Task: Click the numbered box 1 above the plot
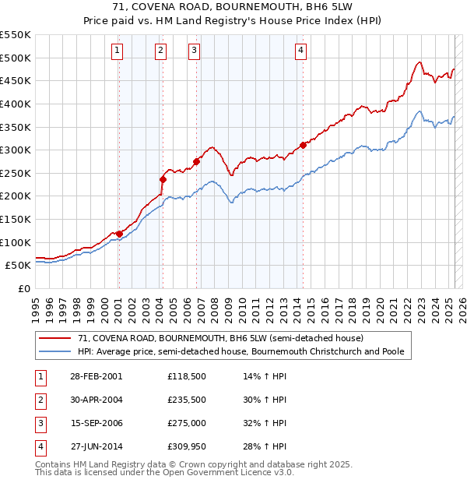click(117, 51)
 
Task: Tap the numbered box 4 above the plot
click(300, 51)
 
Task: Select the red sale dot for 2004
click(163, 179)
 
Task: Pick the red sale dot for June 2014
click(303, 145)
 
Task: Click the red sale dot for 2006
click(196, 161)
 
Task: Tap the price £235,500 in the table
click(186, 400)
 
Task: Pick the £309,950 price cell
click(186, 446)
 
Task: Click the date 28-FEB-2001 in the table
click(96, 376)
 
